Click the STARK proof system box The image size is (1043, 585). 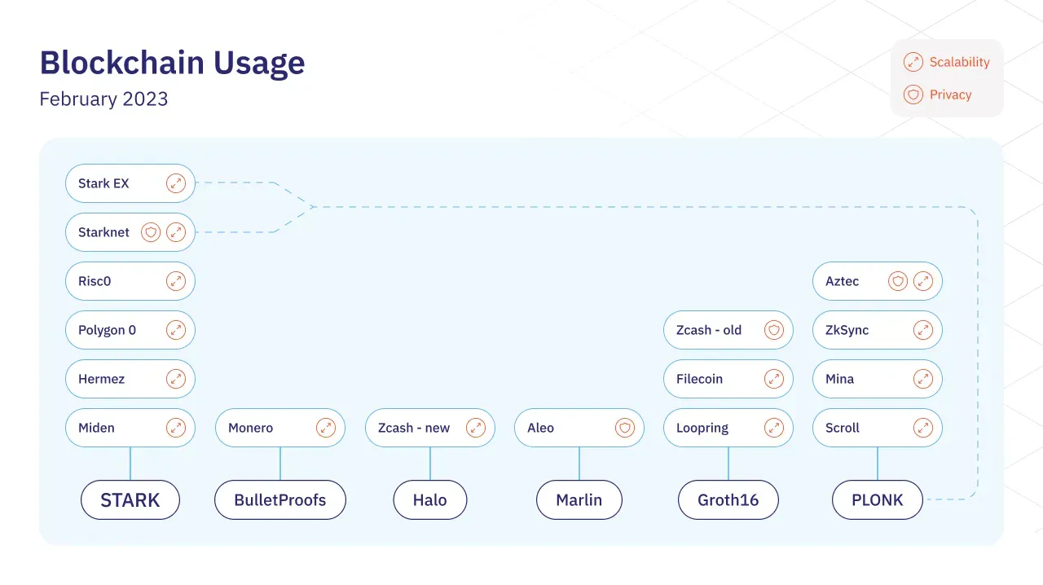[130, 499]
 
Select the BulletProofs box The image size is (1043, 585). [280, 499]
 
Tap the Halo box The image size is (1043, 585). [429, 499]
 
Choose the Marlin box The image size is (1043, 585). [579, 499]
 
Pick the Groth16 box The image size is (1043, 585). [728, 499]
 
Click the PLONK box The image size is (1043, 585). [878, 499]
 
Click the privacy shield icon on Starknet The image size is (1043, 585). [151, 232]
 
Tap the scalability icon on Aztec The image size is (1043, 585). [923, 281]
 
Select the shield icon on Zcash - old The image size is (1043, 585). [774, 330]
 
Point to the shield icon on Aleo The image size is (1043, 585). [625, 428]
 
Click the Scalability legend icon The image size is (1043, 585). [913, 62]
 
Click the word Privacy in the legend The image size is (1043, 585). [950, 95]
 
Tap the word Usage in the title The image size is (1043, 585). [259, 63]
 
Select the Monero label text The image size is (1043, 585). [250, 428]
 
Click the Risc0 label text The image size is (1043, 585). [95, 281]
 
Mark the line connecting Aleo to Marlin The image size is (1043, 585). [579, 464]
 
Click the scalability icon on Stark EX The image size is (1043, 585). [176, 183]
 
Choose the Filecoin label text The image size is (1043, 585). [699, 379]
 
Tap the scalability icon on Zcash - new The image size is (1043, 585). [476, 428]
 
